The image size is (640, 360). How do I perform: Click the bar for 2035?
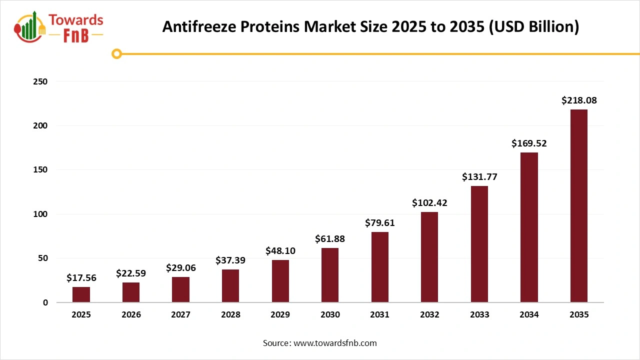tap(578, 205)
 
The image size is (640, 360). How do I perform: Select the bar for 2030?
tap(330, 275)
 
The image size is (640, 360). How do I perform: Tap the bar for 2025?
tap(81, 294)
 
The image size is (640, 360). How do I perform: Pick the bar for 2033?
tap(479, 244)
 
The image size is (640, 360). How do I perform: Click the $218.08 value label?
tap(579, 100)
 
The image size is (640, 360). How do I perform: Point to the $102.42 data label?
tap(429, 203)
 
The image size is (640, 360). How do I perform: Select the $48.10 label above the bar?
tap(280, 250)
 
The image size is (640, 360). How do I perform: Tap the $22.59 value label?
tap(131, 273)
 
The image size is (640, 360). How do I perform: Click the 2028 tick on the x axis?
tap(230, 315)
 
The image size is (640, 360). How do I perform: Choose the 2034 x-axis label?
tap(529, 315)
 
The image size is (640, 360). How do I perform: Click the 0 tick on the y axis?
tap(45, 302)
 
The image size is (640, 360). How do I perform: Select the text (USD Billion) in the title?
tap(534, 27)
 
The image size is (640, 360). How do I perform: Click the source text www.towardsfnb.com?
tap(335, 343)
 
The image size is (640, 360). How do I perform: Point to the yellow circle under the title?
tap(117, 53)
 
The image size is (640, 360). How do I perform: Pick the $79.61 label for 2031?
tap(379, 222)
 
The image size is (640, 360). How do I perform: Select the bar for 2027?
tap(180, 289)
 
